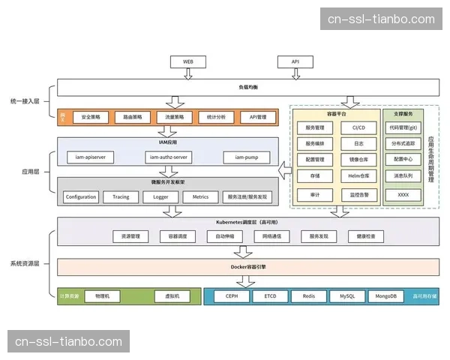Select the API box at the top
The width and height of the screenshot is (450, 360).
pos(295,61)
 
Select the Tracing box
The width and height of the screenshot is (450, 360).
pos(121,196)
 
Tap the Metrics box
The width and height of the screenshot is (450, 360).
pos(200,196)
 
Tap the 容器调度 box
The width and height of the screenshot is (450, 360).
pos(178,235)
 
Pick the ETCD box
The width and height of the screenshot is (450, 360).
pos(270,295)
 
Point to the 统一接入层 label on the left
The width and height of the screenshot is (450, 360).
pos(25,100)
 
